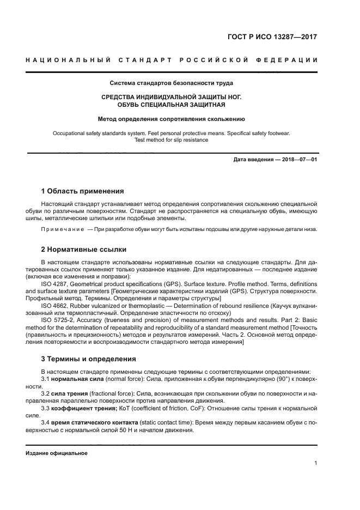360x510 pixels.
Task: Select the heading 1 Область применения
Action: pos(83,191)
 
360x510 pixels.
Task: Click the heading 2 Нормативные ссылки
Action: pos(84,250)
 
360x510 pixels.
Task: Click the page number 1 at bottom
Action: pos(316,463)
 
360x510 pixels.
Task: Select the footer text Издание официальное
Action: pos(57,453)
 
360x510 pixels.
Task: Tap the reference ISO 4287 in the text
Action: pos(53,284)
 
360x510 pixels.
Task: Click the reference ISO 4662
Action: pos(53,306)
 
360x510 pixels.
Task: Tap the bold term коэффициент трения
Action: pos(84,408)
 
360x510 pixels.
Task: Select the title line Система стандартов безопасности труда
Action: pos(172,83)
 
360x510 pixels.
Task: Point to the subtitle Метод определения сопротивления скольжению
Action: pos(172,118)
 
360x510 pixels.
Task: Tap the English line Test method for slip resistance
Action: pos(172,139)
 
